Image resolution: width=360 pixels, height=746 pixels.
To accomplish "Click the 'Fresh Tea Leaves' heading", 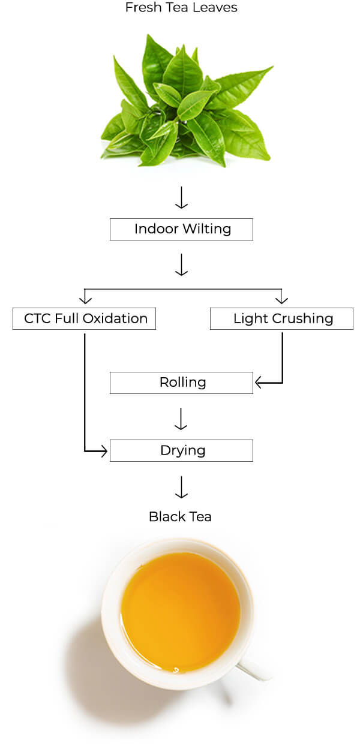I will [x=181, y=8].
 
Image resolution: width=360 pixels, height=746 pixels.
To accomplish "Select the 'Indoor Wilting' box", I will [x=181, y=229].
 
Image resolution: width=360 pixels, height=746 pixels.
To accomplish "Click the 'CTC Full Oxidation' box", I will [x=84, y=318].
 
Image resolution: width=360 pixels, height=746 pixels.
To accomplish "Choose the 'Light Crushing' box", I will [x=281, y=318].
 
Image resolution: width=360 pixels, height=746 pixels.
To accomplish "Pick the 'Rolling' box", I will [x=181, y=383].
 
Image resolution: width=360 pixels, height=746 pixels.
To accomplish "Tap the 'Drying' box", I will [x=181, y=450].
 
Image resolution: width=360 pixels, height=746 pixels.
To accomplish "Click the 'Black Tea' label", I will [x=180, y=516].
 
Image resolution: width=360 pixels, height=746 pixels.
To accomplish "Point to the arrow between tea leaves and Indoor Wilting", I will [x=181, y=198].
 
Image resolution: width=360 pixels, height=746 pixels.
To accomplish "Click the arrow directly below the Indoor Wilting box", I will [x=181, y=265].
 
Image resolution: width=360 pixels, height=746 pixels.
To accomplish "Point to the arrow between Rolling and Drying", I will [x=181, y=420].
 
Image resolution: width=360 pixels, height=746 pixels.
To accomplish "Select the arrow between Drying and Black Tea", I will [x=181, y=488].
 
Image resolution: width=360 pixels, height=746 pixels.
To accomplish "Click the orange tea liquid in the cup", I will [x=180, y=612].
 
